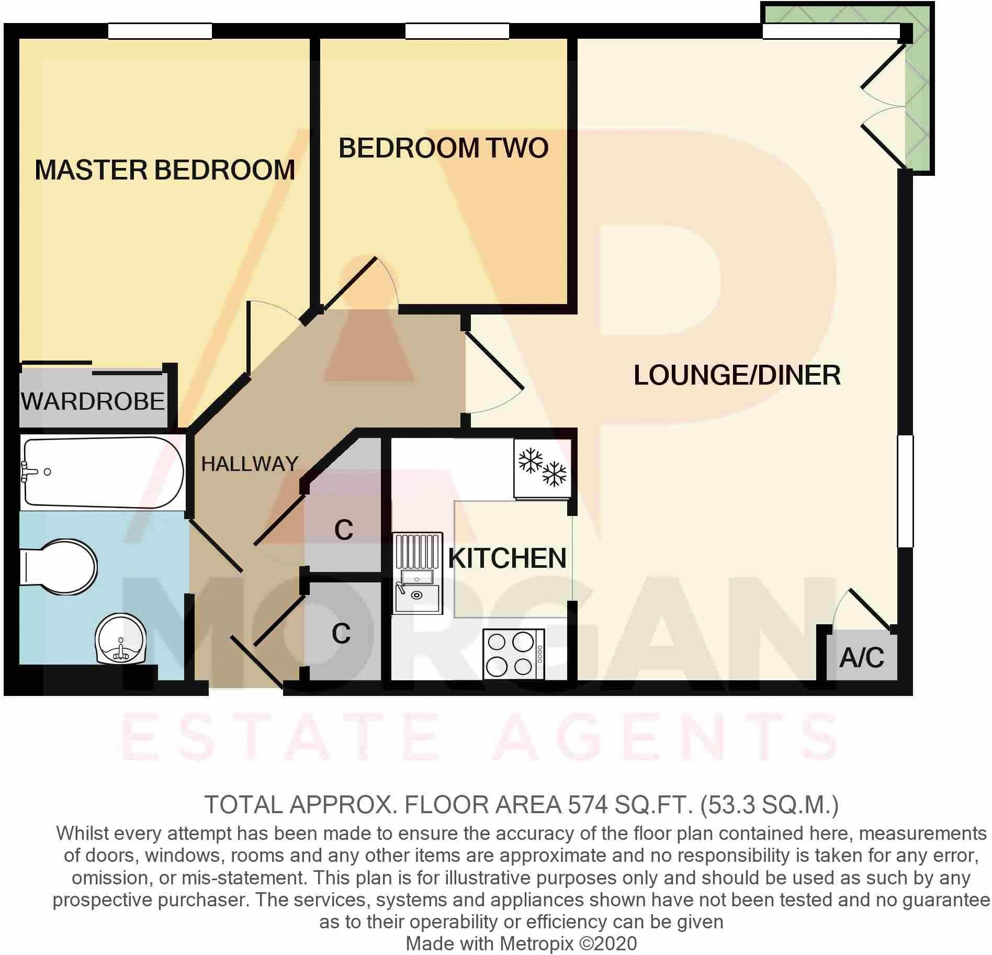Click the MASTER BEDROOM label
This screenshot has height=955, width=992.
click(x=165, y=170)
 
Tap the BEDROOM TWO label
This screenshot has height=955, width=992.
click(x=443, y=148)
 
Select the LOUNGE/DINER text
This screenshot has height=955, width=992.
click(x=737, y=375)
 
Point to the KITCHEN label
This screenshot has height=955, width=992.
click(x=507, y=558)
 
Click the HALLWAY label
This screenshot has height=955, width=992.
click(x=250, y=464)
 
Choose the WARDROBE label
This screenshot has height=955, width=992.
click(x=93, y=401)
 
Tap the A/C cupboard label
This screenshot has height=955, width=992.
click(x=862, y=658)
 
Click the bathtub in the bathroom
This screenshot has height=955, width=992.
click(x=102, y=473)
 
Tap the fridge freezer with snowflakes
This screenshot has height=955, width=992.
click(x=542, y=468)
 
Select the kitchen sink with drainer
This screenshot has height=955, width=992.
click(x=417, y=574)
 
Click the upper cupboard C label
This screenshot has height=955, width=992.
click(x=344, y=530)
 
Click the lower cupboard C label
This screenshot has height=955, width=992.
click(x=341, y=634)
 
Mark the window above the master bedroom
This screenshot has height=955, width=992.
click(x=160, y=31)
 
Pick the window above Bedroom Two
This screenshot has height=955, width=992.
click(x=457, y=31)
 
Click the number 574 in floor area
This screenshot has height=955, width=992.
click(x=588, y=805)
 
